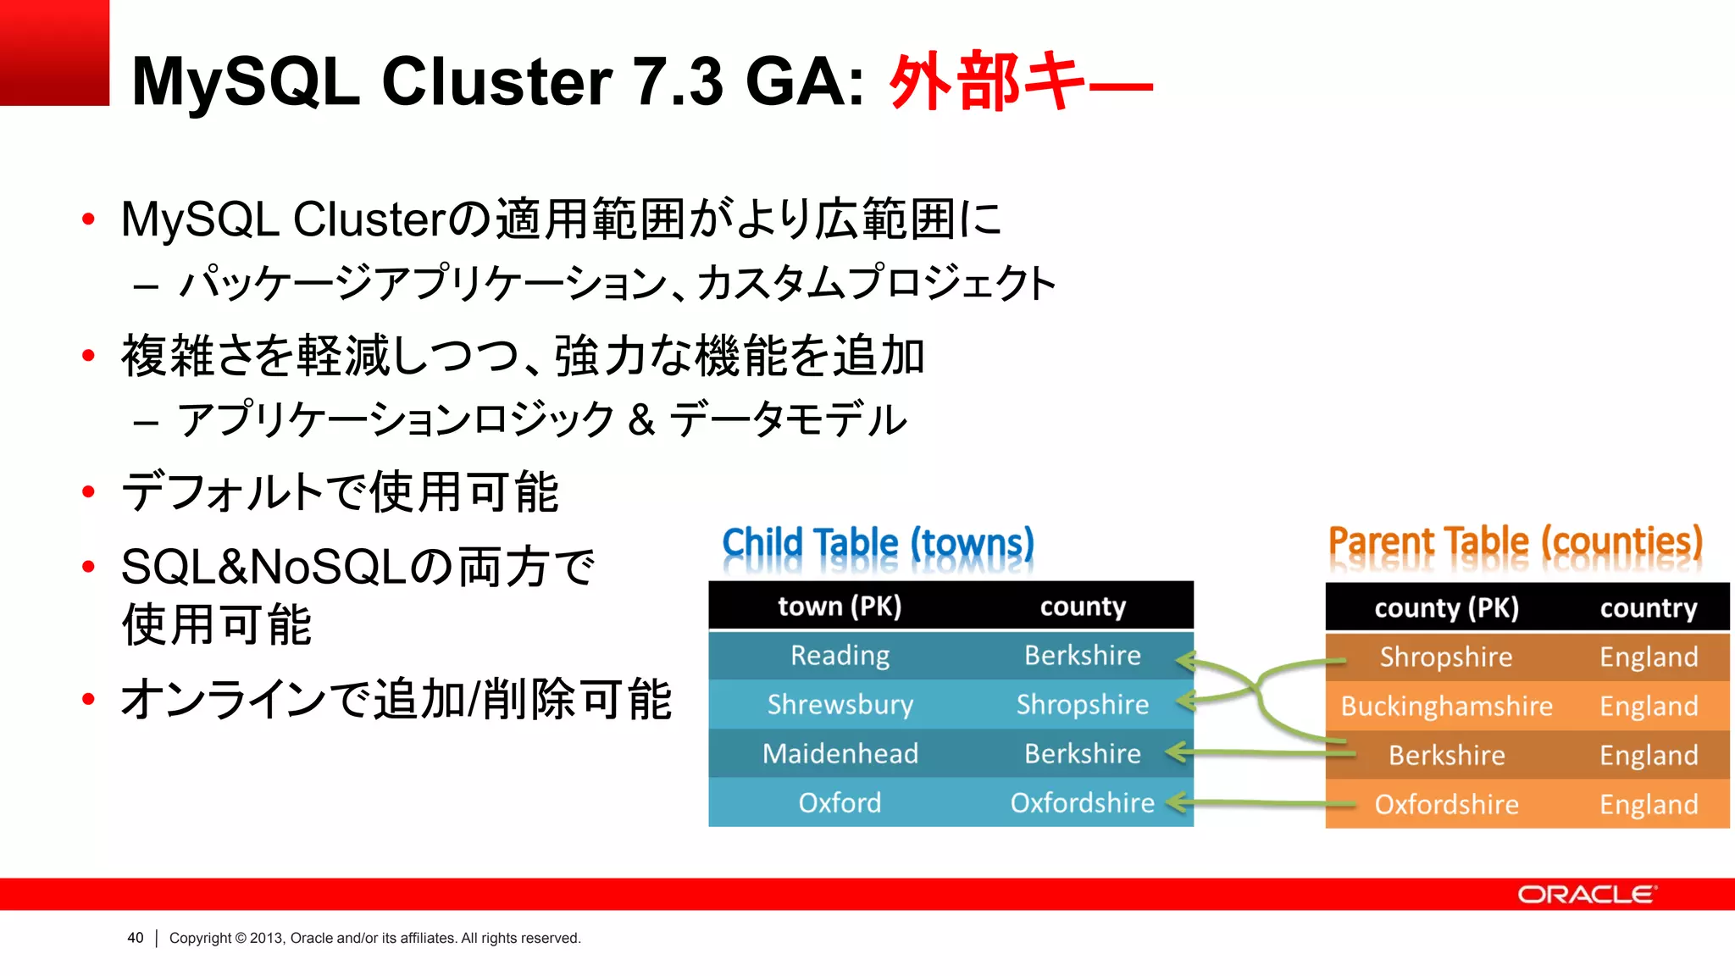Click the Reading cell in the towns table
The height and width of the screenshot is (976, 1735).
pyautogui.click(x=840, y=656)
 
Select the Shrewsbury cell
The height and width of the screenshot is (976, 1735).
pyautogui.click(x=840, y=705)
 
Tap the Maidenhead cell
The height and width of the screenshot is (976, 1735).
pyautogui.click(x=840, y=754)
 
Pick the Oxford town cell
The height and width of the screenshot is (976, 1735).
pyautogui.click(x=840, y=803)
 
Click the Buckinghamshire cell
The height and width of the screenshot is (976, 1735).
pyautogui.click(x=1446, y=707)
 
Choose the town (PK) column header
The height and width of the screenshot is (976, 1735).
pyautogui.click(x=840, y=607)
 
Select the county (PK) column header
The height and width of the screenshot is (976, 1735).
pyautogui.click(x=1446, y=608)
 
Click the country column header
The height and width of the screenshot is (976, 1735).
pyautogui.click(x=1648, y=608)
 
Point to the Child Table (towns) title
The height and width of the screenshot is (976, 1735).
pyautogui.click(x=878, y=544)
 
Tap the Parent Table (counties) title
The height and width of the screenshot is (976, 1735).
pyautogui.click(x=1515, y=542)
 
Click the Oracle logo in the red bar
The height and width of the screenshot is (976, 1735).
pyautogui.click(x=1586, y=895)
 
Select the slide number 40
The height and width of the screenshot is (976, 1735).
pyautogui.click(x=136, y=938)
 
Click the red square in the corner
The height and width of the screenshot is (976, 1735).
pyautogui.click(x=54, y=53)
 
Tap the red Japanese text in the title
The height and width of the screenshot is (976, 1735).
pyautogui.click(x=1020, y=81)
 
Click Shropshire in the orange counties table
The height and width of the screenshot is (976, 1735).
pyautogui.click(x=1446, y=657)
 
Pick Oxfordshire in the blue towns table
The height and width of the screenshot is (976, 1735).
pyautogui.click(x=1082, y=803)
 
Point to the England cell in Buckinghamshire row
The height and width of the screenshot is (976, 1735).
pyautogui.click(x=1648, y=707)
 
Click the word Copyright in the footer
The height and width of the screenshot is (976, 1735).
pyautogui.click(x=200, y=938)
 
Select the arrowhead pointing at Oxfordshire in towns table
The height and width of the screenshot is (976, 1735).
pyautogui.click(x=1174, y=802)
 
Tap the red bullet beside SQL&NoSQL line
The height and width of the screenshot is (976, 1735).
pyautogui.click(x=88, y=567)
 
